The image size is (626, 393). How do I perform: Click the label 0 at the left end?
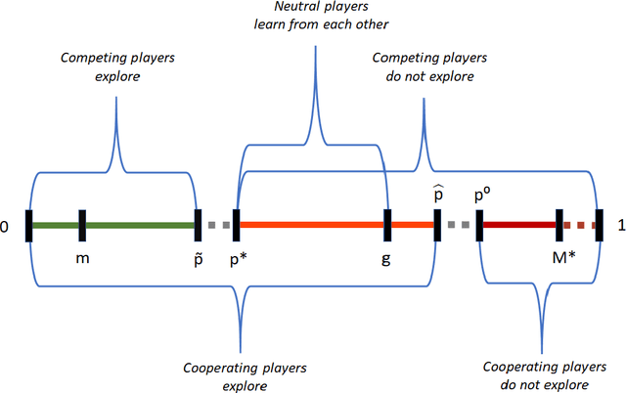click(x=6, y=227)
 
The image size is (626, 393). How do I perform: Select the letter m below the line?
click(x=82, y=259)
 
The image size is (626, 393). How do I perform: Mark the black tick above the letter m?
click(x=82, y=226)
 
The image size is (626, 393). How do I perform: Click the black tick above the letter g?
click(x=389, y=226)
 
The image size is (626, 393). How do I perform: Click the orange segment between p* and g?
click(x=313, y=226)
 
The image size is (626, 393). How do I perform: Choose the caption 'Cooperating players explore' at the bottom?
click(x=241, y=375)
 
